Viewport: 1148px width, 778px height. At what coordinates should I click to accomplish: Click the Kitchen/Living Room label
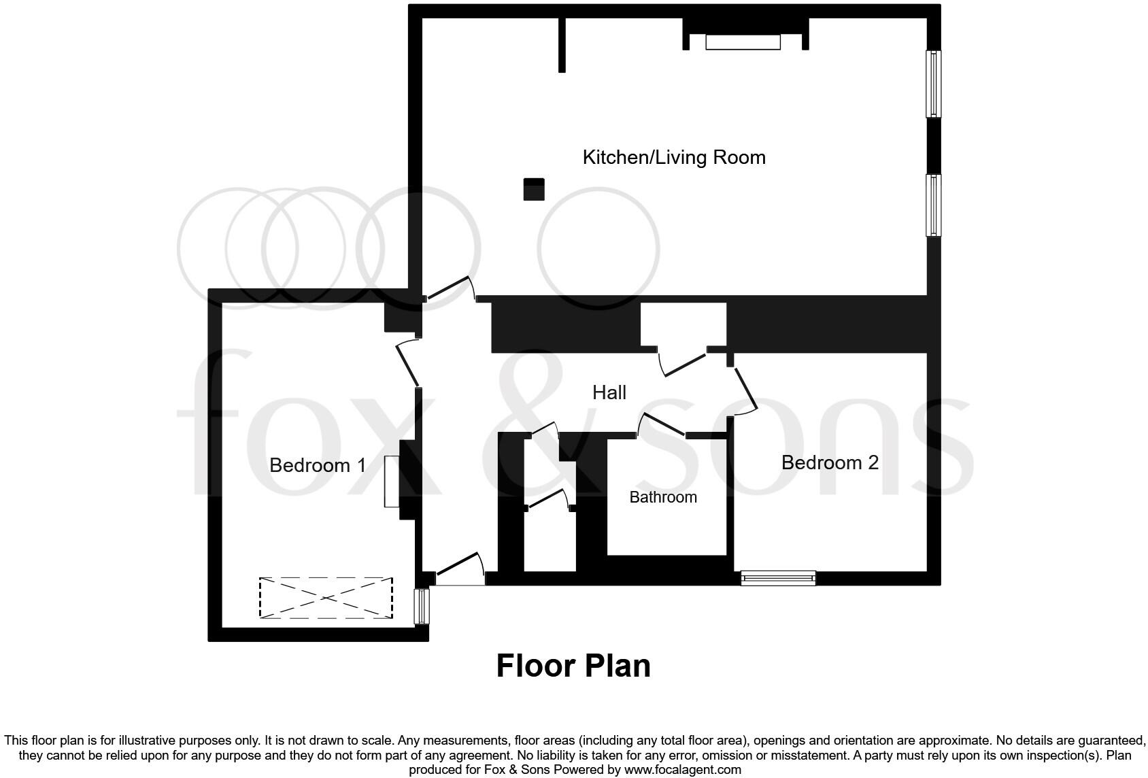click(673, 157)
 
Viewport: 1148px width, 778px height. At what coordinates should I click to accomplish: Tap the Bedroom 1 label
click(318, 465)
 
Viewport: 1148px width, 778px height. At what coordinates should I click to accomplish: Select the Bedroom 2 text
click(830, 462)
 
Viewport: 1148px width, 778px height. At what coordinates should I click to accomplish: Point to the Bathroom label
click(663, 497)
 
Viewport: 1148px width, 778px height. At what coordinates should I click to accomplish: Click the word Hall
click(609, 392)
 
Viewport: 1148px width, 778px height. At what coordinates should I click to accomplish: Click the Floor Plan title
click(573, 666)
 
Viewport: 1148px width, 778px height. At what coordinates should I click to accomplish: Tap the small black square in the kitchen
click(534, 189)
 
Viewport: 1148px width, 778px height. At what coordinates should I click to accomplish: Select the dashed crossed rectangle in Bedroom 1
click(326, 598)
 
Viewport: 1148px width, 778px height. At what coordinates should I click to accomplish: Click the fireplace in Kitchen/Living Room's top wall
click(743, 42)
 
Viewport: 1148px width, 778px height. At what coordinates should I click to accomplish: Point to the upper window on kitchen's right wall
click(934, 84)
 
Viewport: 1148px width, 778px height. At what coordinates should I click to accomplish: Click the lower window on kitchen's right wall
click(934, 205)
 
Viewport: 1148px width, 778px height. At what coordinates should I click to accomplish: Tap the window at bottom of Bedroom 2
click(778, 578)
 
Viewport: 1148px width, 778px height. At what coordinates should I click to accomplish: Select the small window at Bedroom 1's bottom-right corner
click(422, 607)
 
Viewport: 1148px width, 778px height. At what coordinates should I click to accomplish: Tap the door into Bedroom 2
click(745, 390)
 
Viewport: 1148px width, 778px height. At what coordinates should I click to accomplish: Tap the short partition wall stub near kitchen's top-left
click(562, 44)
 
